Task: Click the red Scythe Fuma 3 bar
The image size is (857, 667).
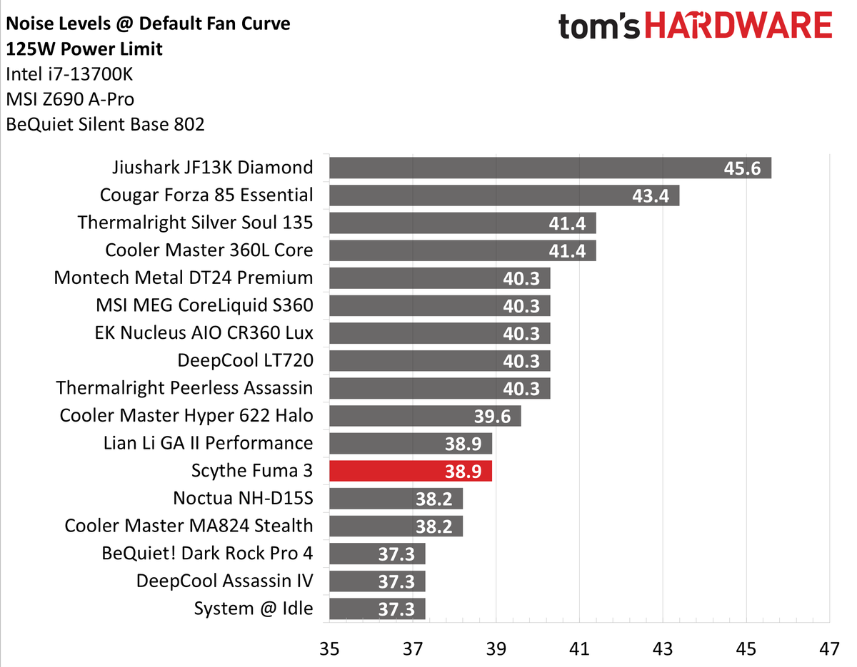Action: [x=411, y=471]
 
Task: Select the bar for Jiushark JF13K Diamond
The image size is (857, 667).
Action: [x=550, y=168]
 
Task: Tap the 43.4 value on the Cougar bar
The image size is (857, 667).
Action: [x=651, y=195]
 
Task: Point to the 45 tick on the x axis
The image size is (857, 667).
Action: [x=746, y=650]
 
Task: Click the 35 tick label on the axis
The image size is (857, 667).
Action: [x=329, y=650]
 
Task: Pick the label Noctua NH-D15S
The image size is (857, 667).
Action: [x=243, y=498]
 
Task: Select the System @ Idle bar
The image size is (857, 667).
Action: [x=377, y=609]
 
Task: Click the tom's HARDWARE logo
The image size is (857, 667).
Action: [x=695, y=27]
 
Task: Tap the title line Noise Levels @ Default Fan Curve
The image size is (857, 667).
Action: [x=148, y=24]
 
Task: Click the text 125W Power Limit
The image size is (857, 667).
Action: [x=84, y=49]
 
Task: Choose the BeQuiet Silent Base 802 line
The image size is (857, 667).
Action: [x=105, y=124]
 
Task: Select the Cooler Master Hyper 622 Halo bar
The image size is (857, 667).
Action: [x=425, y=415]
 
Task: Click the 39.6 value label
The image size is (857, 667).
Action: [x=492, y=416]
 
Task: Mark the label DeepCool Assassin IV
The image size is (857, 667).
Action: [x=224, y=581]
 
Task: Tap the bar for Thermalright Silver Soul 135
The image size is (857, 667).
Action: [x=462, y=223]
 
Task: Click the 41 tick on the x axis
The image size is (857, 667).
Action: [x=579, y=650]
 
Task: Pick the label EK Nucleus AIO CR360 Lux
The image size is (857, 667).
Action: [x=204, y=332]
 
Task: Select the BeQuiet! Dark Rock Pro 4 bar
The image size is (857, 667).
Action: [x=377, y=554]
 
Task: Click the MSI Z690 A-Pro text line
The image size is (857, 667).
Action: [x=69, y=99]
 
